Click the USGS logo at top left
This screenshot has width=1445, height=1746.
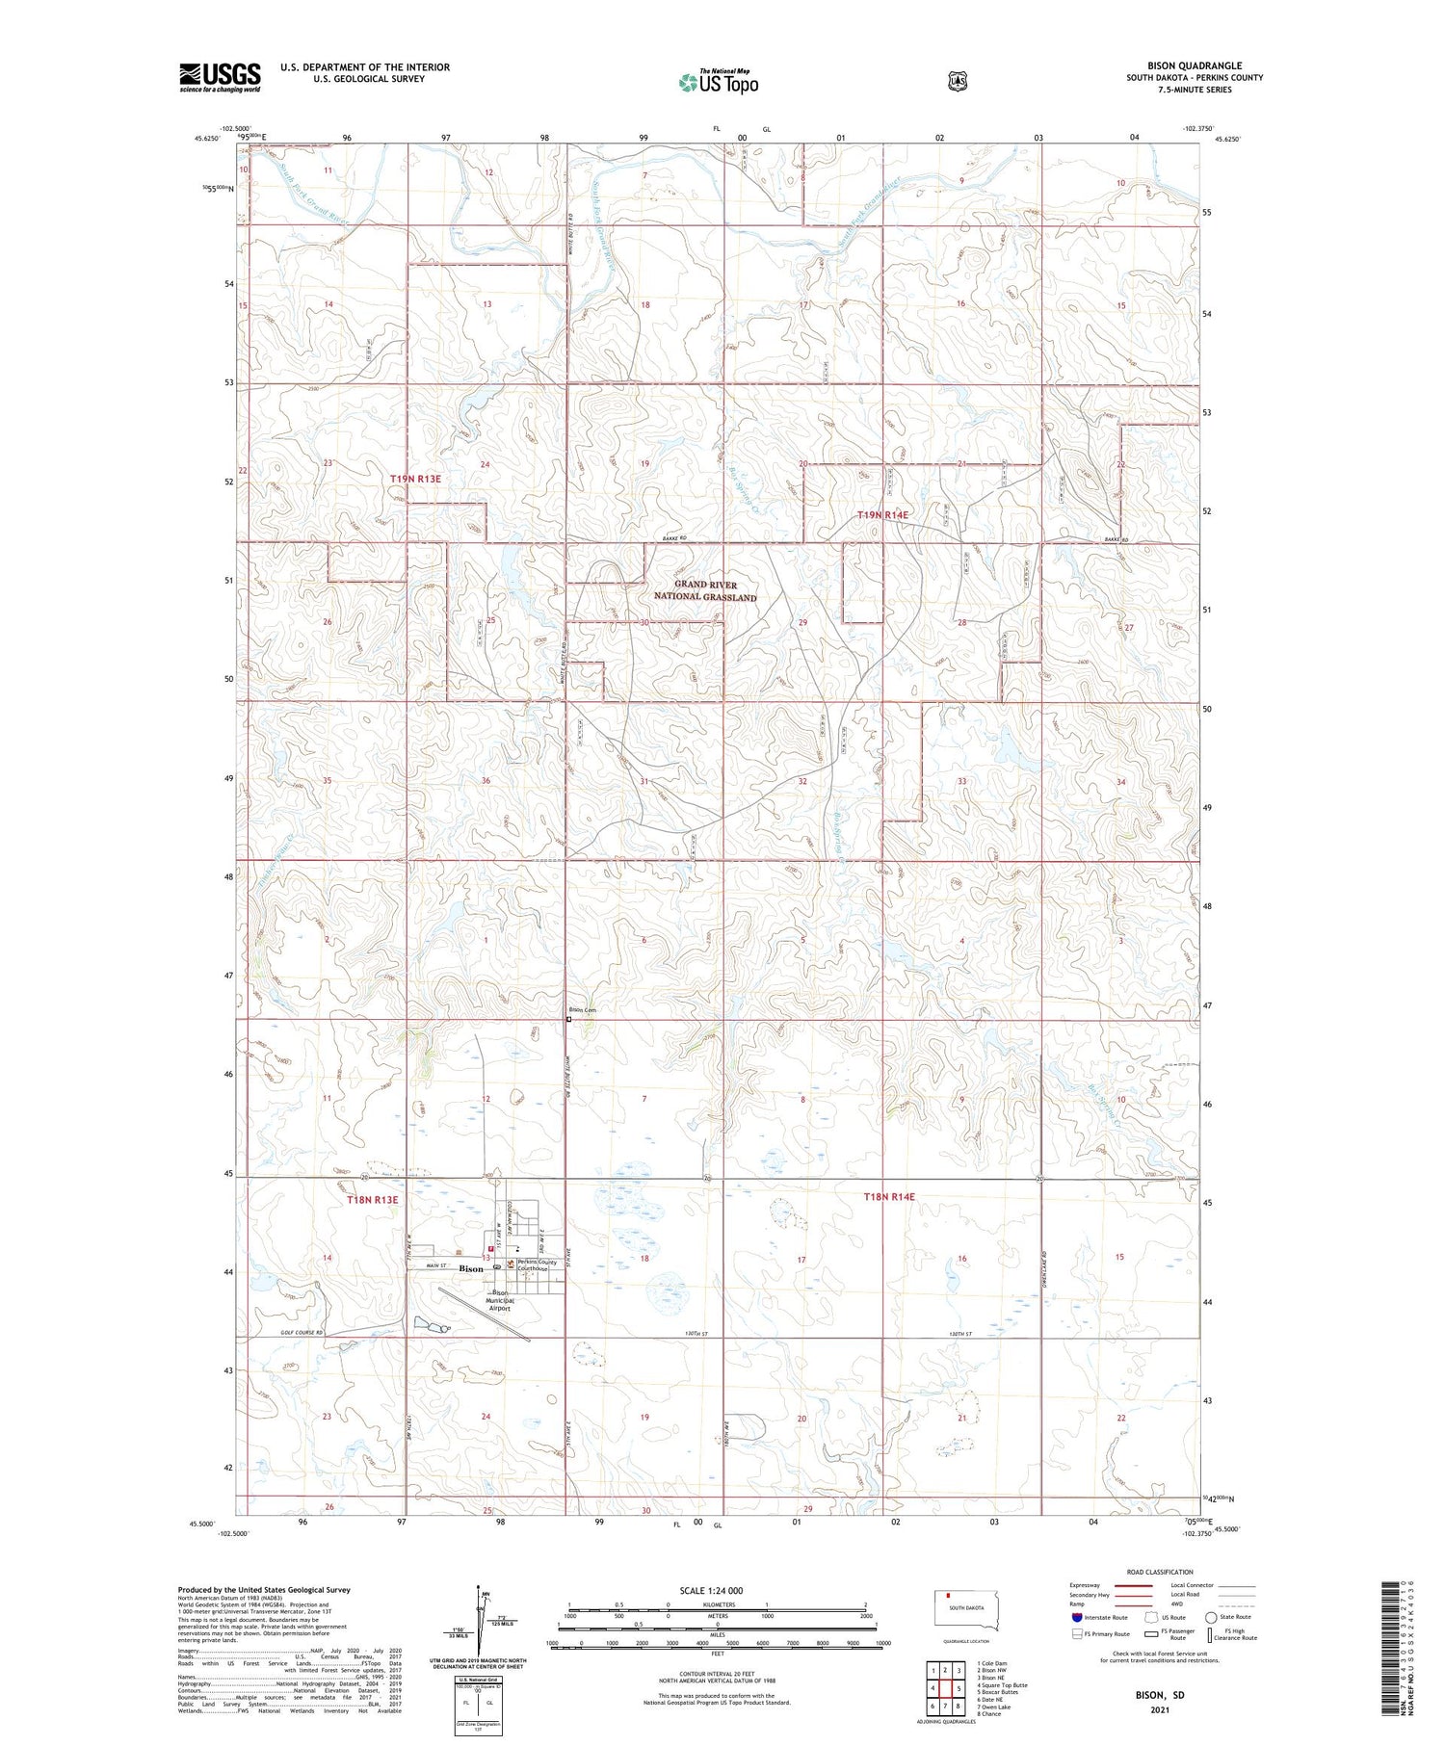coord(220,77)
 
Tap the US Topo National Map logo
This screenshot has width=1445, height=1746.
coord(718,82)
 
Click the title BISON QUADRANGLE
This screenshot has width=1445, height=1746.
coord(1194,65)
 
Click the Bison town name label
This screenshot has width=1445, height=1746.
coord(471,1269)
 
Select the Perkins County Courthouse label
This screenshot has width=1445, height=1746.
coord(536,1265)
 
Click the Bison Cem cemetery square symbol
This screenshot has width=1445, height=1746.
coord(568,1019)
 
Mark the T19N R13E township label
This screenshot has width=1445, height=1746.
coord(415,479)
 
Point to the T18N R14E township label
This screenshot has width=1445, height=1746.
coord(888,1197)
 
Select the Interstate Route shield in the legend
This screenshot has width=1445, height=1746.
coord(1076,1617)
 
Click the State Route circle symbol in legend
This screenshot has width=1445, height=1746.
coord(1211,1617)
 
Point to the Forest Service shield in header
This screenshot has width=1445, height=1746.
coord(957,81)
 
